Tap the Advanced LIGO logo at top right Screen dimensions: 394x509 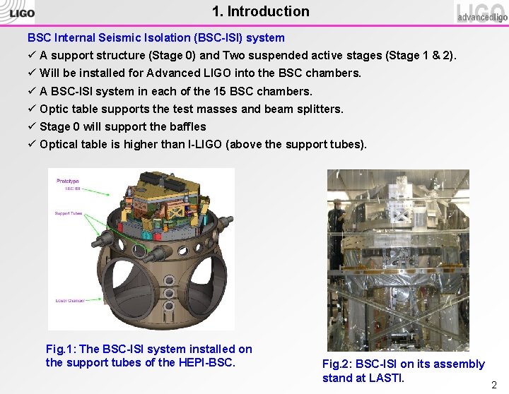(x=481, y=13)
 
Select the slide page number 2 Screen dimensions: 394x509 (x=494, y=385)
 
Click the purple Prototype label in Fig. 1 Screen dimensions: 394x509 (x=68, y=181)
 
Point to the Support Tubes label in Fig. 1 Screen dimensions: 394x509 (x=68, y=213)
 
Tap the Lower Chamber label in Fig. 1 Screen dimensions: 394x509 (x=70, y=301)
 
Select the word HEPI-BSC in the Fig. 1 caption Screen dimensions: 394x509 (x=210, y=362)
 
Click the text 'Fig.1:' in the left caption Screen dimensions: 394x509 (x=62, y=349)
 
